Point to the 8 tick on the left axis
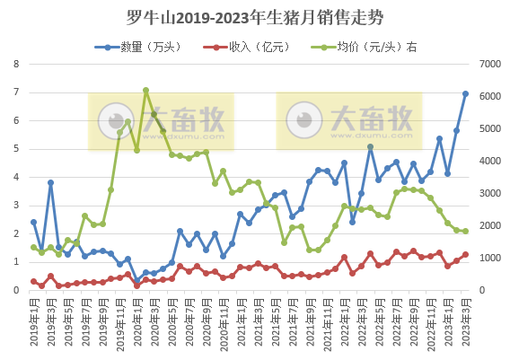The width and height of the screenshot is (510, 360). (x=15, y=64)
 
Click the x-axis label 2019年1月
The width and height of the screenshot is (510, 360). (x=31, y=319)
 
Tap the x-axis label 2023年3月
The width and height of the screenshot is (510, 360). (x=464, y=319)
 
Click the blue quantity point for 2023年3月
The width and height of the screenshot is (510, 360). (x=465, y=93)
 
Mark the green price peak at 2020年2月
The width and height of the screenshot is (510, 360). (x=145, y=90)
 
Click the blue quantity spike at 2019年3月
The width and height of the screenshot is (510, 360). (x=50, y=182)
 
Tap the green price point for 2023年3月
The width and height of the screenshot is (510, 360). (x=465, y=232)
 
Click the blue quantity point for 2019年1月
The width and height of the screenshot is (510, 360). (x=33, y=222)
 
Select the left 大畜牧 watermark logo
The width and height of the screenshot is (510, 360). (x=160, y=120)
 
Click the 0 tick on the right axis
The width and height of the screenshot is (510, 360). (x=480, y=290)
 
